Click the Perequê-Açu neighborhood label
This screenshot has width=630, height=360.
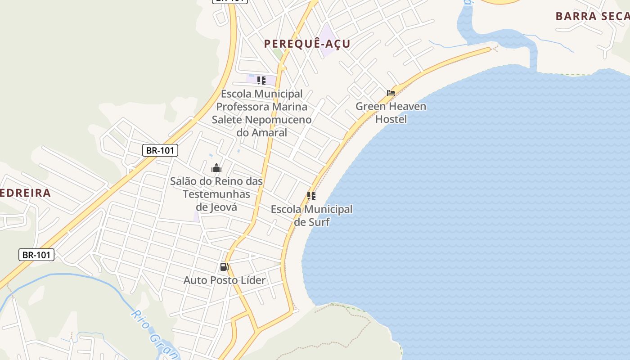(307, 44)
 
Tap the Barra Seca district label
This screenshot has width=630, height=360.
(592, 16)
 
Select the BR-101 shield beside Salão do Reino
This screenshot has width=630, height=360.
(160, 150)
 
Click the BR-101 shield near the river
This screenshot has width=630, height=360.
(36, 255)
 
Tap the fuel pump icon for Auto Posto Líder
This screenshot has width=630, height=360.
(224, 267)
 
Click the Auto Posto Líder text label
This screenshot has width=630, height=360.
(225, 280)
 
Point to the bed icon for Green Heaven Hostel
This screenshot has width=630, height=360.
(391, 94)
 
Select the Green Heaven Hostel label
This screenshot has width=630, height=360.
(391, 112)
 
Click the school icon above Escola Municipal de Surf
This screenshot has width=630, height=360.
(311, 196)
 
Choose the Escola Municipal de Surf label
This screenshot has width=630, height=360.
(311, 216)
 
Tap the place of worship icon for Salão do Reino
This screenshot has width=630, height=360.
(216, 168)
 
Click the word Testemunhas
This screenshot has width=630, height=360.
(216, 194)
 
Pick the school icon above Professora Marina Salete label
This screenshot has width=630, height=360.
(261, 81)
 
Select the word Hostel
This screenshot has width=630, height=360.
(391, 119)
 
